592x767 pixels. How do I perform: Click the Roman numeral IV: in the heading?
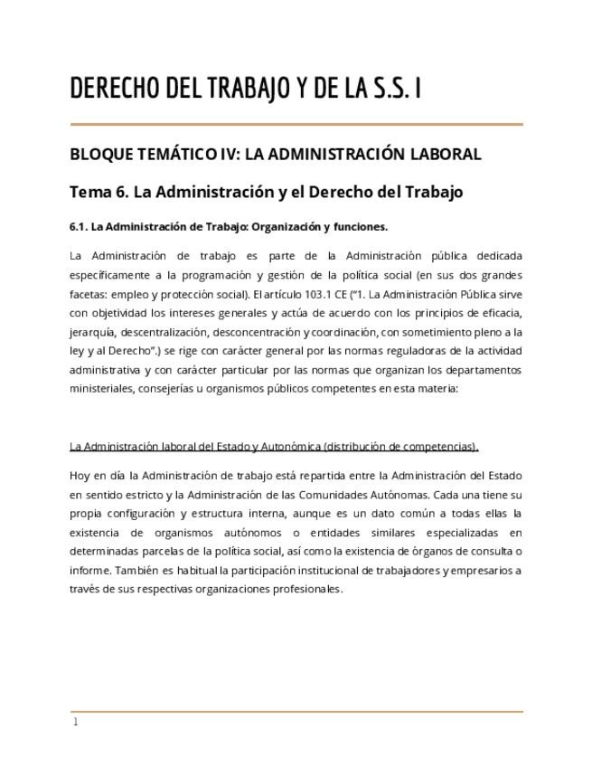[231, 154]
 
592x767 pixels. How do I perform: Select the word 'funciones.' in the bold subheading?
[361, 226]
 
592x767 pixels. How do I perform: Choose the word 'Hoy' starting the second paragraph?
[80, 476]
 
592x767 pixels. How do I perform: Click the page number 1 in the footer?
[76, 723]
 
